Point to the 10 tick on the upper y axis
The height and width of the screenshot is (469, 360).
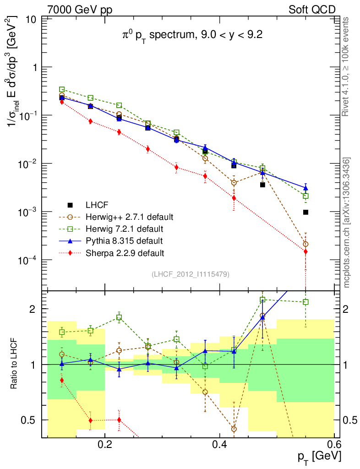tap(32, 19)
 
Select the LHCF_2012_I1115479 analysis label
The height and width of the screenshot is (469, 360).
tap(191, 274)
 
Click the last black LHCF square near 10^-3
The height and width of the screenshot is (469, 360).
tap(305, 212)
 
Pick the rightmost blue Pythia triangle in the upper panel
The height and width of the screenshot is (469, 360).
tap(305, 188)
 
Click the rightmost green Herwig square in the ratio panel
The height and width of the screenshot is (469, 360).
tap(305, 302)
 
